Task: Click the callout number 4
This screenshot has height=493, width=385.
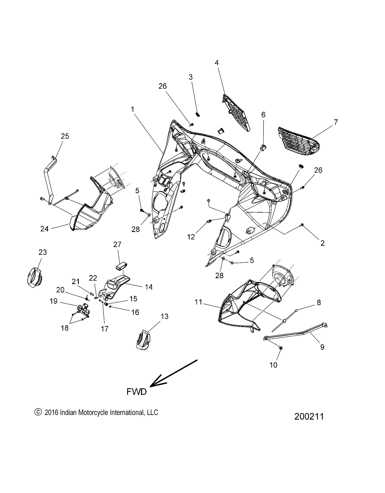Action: click(217, 63)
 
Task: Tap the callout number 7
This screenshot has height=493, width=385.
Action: click(335, 122)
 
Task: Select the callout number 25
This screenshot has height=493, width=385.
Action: click(65, 136)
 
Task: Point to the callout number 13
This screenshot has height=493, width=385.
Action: click(165, 316)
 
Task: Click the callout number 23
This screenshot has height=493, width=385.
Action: click(42, 252)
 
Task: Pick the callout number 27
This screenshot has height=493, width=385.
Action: click(117, 244)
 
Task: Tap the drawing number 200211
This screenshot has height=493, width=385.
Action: click(309, 417)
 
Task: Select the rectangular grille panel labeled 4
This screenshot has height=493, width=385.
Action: click(235, 112)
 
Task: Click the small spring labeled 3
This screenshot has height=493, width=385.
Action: click(198, 114)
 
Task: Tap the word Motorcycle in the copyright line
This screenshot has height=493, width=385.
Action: click(93, 412)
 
